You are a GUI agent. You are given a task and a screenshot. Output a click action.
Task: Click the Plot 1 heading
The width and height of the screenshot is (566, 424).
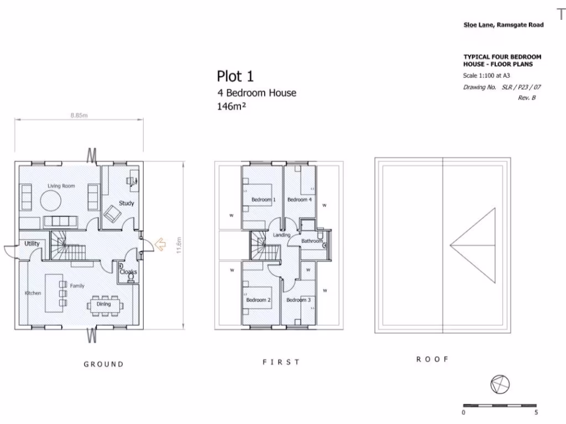[x=235, y=76]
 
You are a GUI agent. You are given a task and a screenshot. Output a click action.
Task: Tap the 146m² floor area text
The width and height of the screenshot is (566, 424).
[x=232, y=107]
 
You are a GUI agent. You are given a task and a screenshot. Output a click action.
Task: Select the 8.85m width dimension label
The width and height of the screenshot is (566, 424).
[x=79, y=115]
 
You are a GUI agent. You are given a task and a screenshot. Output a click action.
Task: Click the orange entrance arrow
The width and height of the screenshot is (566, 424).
[x=160, y=243]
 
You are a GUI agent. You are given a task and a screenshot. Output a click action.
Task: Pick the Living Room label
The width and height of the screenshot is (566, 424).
[x=61, y=186]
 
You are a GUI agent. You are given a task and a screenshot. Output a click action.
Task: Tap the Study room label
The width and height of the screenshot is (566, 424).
[x=127, y=203]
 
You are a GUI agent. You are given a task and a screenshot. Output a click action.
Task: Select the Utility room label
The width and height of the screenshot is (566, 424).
[x=32, y=243]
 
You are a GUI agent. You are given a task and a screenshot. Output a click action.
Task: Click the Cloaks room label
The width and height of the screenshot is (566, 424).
[x=128, y=272]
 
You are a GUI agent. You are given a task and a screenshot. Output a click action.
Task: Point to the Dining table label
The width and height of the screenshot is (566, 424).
[x=103, y=304]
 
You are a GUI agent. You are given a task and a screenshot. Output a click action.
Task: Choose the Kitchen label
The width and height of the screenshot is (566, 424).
[x=33, y=293]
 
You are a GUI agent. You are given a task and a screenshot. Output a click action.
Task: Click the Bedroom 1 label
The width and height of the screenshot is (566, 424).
[x=263, y=199]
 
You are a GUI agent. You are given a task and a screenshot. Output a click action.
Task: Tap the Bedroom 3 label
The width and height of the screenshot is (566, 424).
[x=298, y=300]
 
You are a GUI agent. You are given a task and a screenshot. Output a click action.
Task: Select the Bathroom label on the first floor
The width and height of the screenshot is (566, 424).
[x=312, y=241]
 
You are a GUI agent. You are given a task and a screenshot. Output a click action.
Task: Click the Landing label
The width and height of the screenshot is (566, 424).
[x=281, y=235]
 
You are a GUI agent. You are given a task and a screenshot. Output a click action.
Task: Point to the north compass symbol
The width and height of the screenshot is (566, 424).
[x=500, y=383]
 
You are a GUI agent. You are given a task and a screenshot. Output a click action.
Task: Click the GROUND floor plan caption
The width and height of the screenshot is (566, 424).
[x=104, y=364]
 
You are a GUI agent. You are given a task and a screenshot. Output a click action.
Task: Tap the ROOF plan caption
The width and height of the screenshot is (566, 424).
[x=432, y=359]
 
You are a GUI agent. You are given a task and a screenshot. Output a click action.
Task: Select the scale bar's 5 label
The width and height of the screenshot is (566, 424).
[x=536, y=412]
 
